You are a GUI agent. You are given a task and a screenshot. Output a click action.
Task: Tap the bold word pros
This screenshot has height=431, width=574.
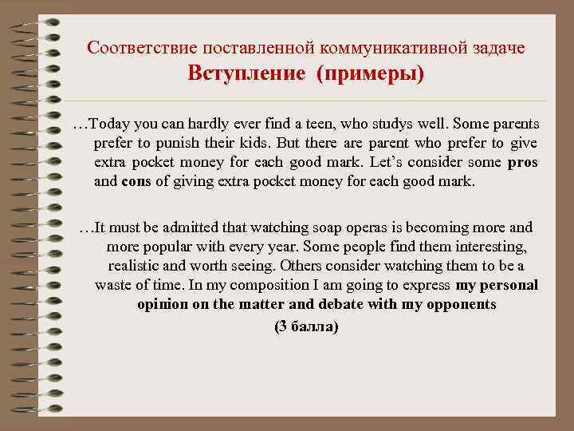click(522, 163)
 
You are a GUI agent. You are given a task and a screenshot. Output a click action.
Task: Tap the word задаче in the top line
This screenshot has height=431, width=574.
click(497, 48)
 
